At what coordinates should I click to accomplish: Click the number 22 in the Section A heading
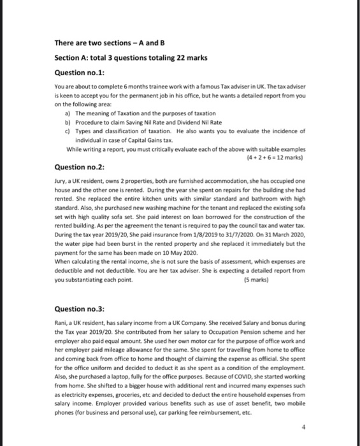point(173,57)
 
